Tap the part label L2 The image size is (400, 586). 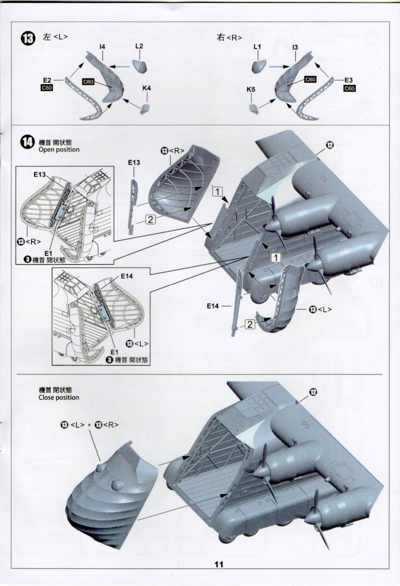[x=139, y=46]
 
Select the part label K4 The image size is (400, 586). [x=146, y=88]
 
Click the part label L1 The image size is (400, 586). [x=257, y=46]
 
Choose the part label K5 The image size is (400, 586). [x=251, y=89]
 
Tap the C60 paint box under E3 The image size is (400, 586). [x=349, y=88]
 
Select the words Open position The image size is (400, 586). [x=59, y=150]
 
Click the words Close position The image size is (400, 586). [x=59, y=398]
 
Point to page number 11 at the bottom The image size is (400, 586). [x=220, y=564]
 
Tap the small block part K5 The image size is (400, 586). [x=253, y=106]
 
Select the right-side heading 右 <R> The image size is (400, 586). [x=230, y=37]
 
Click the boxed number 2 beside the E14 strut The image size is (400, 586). [x=249, y=324]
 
